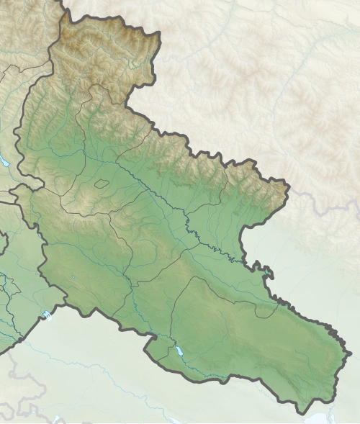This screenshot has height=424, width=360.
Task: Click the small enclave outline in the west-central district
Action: [102, 184]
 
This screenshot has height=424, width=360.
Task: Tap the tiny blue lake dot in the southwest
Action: [73, 277]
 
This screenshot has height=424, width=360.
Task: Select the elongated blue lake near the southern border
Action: [178, 352]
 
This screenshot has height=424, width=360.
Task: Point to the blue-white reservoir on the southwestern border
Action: [48, 315]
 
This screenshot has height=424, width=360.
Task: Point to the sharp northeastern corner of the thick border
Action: [289, 189]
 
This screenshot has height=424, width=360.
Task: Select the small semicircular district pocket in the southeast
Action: [267, 310]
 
